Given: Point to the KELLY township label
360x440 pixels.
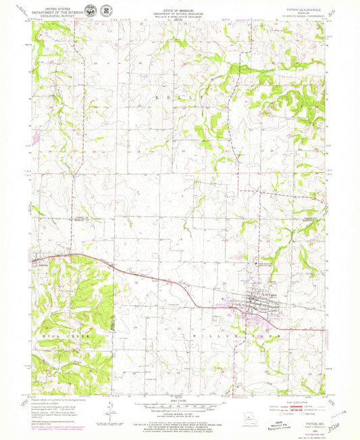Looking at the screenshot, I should tap(180, 99).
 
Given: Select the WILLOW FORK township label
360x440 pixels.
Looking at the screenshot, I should tap(257, 335).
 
